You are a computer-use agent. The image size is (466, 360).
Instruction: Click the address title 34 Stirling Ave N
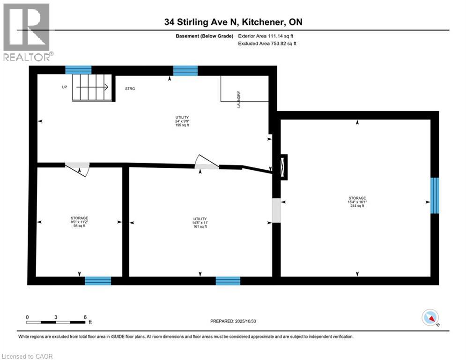[233, 22]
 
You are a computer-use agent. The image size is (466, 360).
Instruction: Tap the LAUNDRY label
[239, 99]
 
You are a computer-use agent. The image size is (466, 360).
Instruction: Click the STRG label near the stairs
[130, 89]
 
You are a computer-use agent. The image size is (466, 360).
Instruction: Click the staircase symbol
[92, 87]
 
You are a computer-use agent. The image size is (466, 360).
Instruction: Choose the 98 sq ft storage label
[79, 222]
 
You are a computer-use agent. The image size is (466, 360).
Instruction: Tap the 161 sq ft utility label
[200, 222]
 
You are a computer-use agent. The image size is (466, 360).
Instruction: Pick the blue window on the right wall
[435, 195]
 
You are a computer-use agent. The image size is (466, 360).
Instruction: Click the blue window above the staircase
[78, 70]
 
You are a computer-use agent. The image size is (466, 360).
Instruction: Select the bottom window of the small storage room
[98, 281]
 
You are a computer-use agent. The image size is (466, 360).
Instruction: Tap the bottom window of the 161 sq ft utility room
[228, 281]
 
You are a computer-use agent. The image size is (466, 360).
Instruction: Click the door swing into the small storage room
[78, 169]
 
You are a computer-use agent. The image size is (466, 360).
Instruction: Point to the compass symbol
[430, 317]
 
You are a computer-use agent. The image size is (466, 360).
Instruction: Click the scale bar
[56, 322]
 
